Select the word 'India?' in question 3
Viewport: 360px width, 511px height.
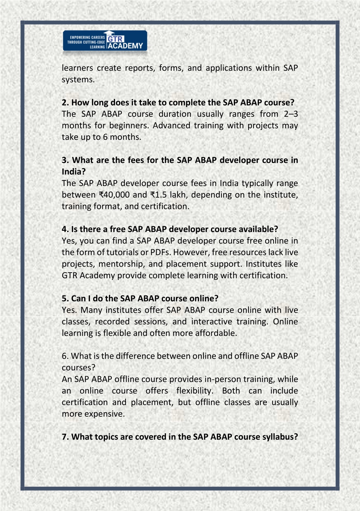[73, 172]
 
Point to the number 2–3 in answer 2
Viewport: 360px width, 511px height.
[291, 114]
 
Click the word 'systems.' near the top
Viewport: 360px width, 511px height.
[78, 79]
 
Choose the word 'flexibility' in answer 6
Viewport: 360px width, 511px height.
[194, 391]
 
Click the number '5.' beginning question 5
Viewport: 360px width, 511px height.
[65, 299]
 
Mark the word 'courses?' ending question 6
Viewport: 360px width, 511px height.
[78, 368]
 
